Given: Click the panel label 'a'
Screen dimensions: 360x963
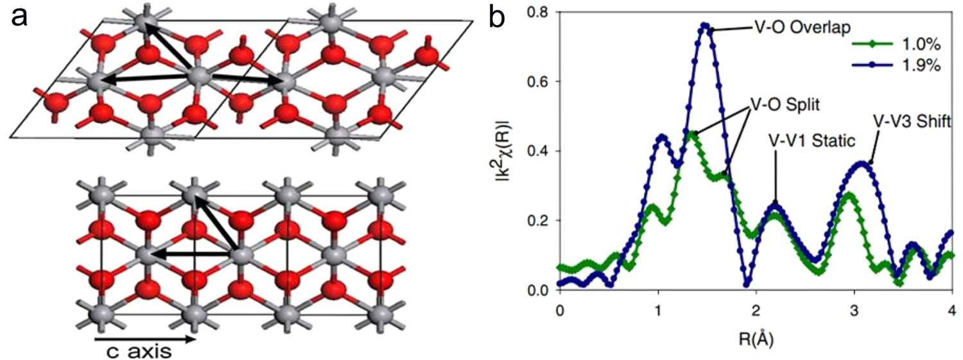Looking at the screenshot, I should click(19, 17).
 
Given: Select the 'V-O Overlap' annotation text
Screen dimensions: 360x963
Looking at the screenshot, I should click(794, 29).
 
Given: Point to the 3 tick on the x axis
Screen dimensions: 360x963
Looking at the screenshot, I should click(855, 308).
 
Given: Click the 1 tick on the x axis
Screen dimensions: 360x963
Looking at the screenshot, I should click(658, 308).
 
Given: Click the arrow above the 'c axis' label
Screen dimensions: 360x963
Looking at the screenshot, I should click(145, 338).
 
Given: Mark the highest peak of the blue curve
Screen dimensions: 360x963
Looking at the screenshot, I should click(705, 26).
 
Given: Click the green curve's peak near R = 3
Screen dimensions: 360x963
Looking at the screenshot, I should click(848, 194).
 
